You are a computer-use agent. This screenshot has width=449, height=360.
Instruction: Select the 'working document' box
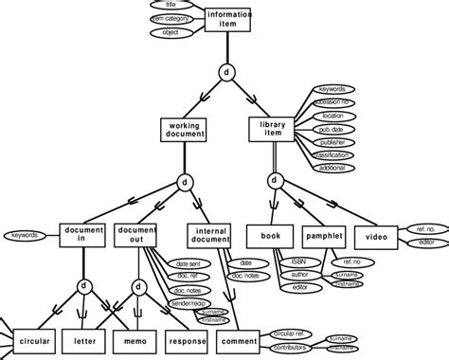[x=183, y=130]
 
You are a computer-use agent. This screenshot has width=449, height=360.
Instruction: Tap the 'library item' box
[x=273, y=130]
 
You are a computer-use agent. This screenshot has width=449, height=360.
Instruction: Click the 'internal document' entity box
[x=210, y=236]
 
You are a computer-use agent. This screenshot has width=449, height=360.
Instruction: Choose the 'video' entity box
[x=376, y=235]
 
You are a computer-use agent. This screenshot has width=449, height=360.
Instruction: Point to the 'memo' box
[x=134, y=339]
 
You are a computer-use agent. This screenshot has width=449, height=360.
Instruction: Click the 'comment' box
[x=240, y=339]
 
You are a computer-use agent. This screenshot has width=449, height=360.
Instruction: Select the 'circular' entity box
[x=33, y=339]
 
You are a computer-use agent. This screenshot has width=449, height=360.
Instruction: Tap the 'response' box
[x=187, y=339]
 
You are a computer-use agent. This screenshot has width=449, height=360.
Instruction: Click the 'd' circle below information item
[x=227, y=72]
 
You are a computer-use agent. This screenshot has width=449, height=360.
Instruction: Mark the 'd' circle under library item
[x=274, y=180]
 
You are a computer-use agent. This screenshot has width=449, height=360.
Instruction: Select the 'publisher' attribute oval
[x=332, y=142]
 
